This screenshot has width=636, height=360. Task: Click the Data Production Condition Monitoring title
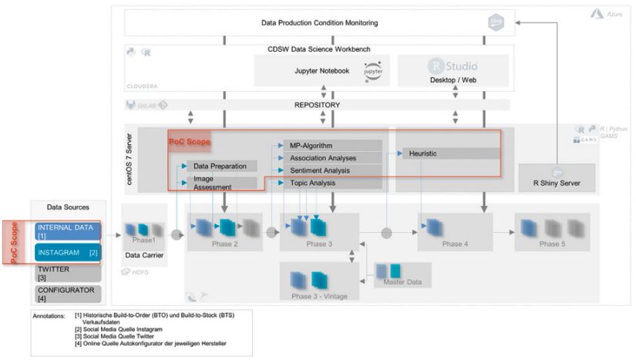point(319,23)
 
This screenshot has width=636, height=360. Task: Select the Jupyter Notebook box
point(322,71)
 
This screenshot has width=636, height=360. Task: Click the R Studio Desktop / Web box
point(453,71)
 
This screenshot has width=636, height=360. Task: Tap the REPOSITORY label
point(317,105)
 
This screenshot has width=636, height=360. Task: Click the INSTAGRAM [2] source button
point(68,252)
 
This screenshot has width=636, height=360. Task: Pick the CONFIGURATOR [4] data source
point(68,294)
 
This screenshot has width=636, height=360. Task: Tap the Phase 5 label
point(550,244)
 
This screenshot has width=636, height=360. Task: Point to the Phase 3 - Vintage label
point(319,295)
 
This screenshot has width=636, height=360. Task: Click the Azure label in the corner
point(613,14)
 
